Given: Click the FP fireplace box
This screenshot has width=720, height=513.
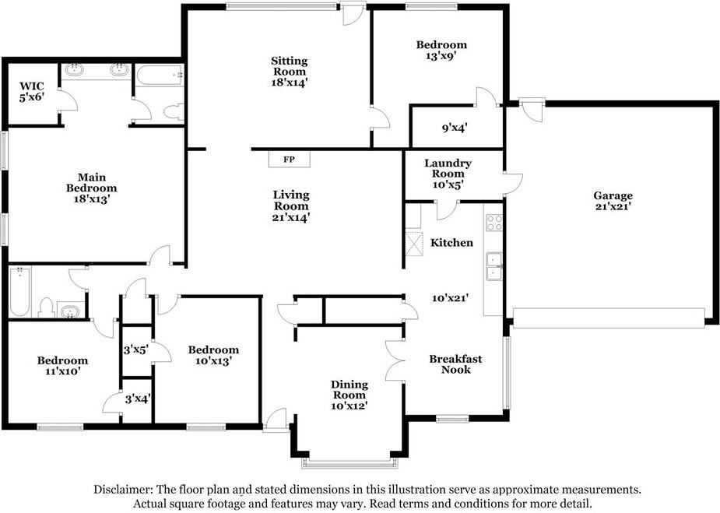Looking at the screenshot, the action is tap(290, 160).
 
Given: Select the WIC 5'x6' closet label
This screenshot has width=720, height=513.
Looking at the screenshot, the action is tap(32, 92).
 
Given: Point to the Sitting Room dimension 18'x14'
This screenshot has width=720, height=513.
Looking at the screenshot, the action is tap(289, 83).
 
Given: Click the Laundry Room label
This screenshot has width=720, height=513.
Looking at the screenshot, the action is tap(448, 168).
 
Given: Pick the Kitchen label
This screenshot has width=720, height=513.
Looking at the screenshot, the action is tap(451, 243).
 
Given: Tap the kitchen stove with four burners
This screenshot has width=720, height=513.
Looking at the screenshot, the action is tap(494, 223).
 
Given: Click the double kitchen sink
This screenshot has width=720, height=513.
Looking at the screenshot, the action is tap(494, 266).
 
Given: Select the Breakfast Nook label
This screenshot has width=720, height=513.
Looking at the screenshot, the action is tap(455, 364).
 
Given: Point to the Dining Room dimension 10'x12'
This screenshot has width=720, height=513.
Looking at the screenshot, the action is tap(349, 406).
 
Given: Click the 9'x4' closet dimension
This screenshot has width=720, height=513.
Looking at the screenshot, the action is tap(454, 128).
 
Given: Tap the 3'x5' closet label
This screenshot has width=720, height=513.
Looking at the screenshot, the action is tap(136, 350).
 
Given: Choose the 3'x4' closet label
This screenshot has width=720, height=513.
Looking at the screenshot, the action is tap(137, 399).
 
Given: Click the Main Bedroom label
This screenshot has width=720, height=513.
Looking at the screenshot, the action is tap(91, 188).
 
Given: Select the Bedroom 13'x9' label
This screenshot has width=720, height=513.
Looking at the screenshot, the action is tap(441, 50).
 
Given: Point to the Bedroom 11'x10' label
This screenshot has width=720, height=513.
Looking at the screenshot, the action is tap(62, 366).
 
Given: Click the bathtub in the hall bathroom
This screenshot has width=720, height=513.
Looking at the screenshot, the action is tap(19, 292).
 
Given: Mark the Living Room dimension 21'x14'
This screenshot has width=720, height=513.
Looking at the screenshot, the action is tap(290, 217).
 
